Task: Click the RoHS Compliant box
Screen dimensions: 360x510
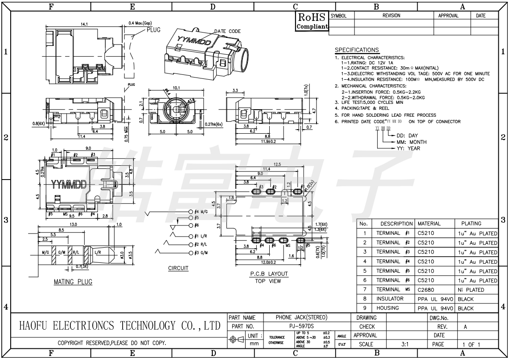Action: click(x=313, y=21)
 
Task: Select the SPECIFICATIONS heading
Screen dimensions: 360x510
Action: click(x=357, y=50)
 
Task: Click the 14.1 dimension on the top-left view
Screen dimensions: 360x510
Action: click(x=84, y=24)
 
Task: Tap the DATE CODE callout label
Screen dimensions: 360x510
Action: click(x=227, y=31)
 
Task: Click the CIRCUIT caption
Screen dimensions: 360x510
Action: click(x=178, y=268)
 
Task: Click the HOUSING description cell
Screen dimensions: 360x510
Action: click(x=390, y=308)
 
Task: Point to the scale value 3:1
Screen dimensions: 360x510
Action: click(x=405, y=344)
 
